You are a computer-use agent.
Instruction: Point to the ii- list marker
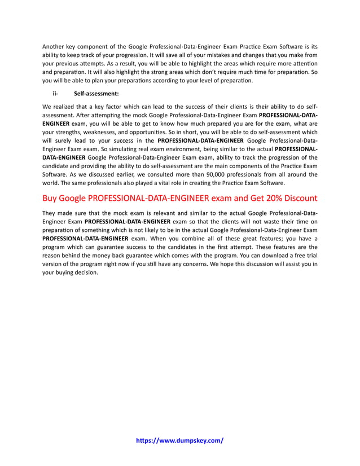(56, 94)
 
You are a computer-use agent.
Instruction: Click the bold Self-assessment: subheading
(96, 94)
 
